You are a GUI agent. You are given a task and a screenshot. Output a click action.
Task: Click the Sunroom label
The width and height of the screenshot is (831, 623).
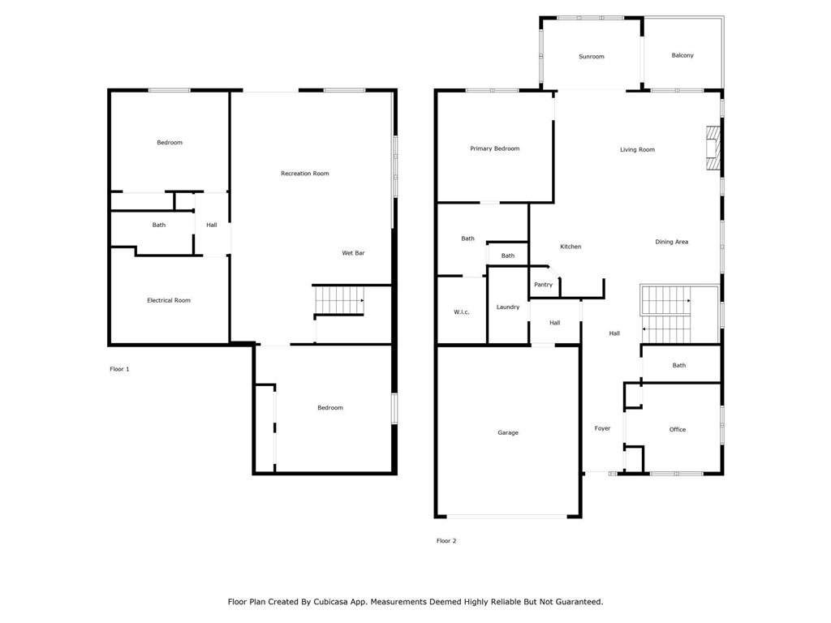[x=591, y=57]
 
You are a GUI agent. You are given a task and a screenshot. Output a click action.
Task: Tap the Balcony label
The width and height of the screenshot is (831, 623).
[x=682, y=55]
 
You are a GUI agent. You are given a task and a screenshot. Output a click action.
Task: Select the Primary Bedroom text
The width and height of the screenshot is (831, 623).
[x=494, y=148]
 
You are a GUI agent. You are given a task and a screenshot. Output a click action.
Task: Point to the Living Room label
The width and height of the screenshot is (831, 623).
[x=637, y=149]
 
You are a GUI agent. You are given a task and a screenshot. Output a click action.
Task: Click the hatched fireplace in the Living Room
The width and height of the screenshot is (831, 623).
[x=713, y=148]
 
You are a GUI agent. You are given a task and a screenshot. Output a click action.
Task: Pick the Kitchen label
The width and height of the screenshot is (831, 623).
[x=571, y=247]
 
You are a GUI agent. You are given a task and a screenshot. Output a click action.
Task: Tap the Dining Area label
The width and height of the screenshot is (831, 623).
[x=672, y=242]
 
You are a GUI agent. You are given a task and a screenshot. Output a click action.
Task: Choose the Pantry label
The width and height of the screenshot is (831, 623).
[x=543, y=285]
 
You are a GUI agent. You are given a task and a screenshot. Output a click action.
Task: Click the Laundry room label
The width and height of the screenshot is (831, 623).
[x=508, y=307]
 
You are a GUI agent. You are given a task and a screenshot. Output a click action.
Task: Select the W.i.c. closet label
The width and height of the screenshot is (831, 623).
[x=461, y=312]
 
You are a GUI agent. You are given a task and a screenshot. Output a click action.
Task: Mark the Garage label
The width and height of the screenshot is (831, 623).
[x=508, y=432]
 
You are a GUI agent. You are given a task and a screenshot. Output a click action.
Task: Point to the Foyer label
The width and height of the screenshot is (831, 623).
[x=602, y=428]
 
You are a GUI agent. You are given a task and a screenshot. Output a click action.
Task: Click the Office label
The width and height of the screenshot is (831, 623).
[x=678, y=429]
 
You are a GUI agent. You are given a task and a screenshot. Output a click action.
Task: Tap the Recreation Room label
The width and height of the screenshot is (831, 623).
[x=304, y=174]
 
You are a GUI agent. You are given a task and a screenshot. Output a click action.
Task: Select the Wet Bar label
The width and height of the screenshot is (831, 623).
[x=353, y=253]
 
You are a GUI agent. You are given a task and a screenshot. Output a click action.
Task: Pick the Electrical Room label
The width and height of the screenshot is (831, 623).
[x=169, y=300]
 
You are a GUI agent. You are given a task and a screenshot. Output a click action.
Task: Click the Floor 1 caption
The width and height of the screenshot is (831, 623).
[x=119, y=369]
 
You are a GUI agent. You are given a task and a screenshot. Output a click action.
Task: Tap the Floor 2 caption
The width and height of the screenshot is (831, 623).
[x=446, y=541]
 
